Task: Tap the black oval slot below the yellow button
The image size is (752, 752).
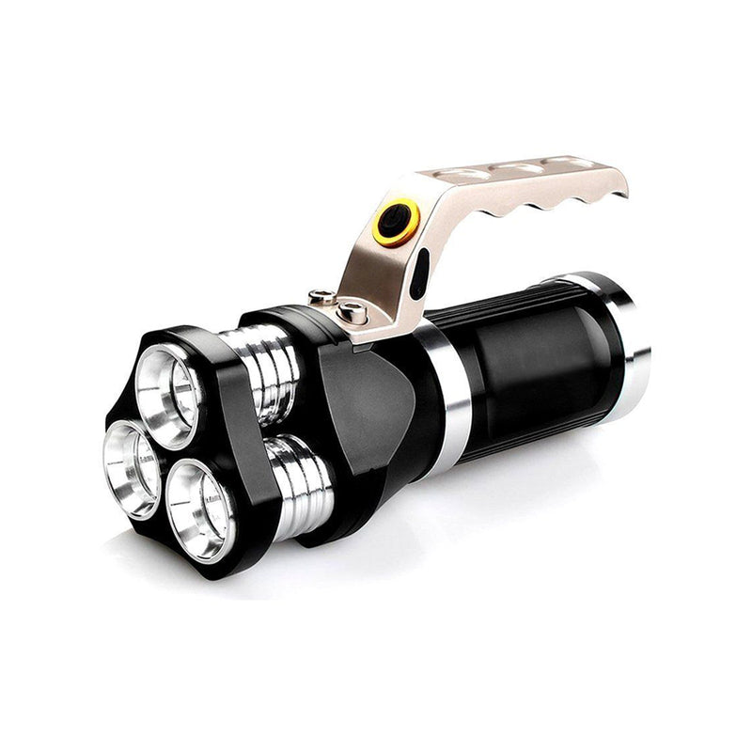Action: coord(420,273)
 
